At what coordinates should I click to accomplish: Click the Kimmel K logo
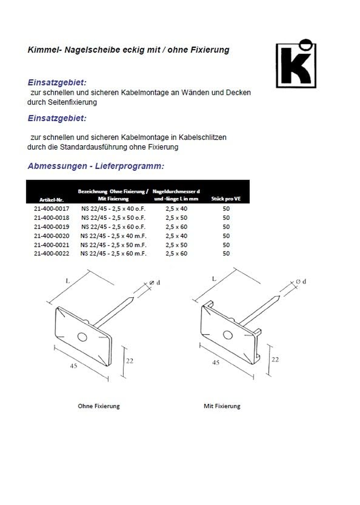click(296, 63)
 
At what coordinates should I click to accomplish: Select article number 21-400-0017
click(51, 209)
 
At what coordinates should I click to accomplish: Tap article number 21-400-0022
click(51, 254)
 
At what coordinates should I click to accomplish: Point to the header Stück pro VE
click(226, 198)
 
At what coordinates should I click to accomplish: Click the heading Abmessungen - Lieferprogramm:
click(96, 166)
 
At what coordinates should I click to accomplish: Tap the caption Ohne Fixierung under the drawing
click(99, 406)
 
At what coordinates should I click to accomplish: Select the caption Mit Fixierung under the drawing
click(222, 406)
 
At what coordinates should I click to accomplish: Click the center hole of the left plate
click(82, 336)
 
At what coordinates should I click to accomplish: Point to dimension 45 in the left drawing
click(73, 366)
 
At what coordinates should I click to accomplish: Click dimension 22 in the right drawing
click(275, 359)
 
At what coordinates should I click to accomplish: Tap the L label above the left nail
click(67, 281)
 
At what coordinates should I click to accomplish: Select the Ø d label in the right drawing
click(301, 282)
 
